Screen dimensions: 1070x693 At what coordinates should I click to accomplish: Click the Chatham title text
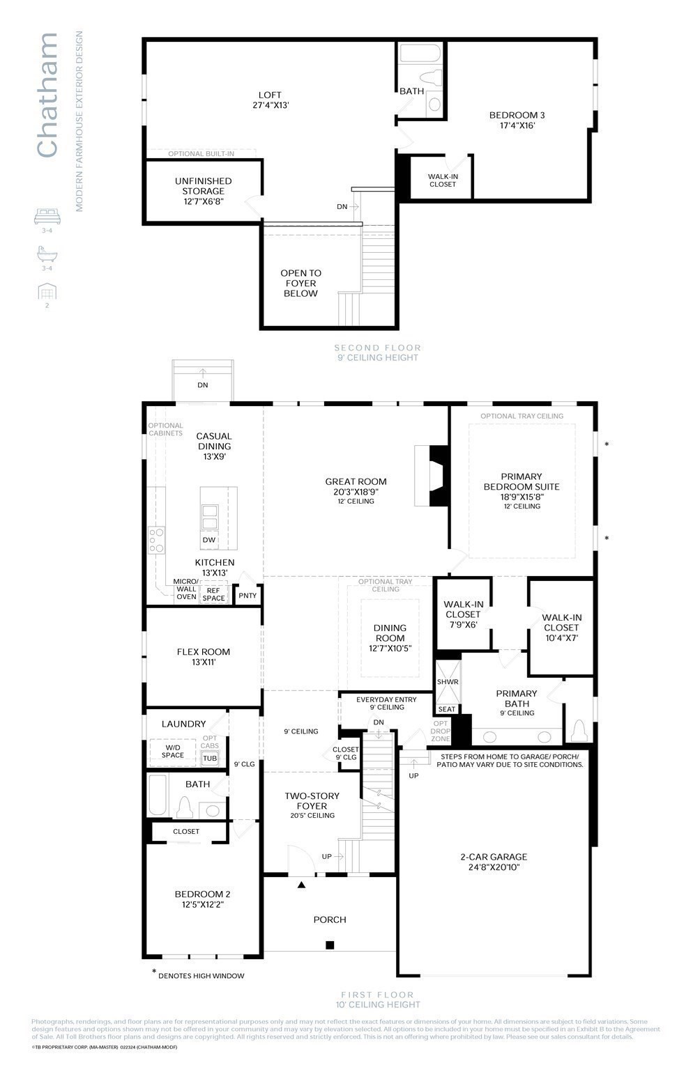[47, 95]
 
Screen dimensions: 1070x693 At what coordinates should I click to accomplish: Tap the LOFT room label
[270, 100]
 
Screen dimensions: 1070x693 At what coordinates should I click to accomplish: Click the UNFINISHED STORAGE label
[203, 191]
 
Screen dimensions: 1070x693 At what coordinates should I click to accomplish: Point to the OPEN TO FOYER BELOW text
[300, 284]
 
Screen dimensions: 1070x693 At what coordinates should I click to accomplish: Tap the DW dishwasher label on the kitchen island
[209, 540]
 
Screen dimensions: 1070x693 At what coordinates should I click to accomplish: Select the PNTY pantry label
[247, 596]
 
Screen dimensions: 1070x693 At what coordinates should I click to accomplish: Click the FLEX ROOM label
[203, 657]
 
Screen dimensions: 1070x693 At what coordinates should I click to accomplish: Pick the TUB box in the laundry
[210, 759]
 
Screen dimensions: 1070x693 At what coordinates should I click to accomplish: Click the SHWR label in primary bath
[448, 682]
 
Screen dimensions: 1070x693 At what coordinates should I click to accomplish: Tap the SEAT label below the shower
[447, 709]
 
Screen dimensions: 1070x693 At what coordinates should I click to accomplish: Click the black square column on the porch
[330, 945]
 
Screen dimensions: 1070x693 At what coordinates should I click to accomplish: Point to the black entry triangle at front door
[302, 885]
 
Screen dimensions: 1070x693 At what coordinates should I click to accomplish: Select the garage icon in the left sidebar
[47, 291]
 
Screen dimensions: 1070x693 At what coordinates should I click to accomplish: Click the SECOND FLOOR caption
[377, 348]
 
